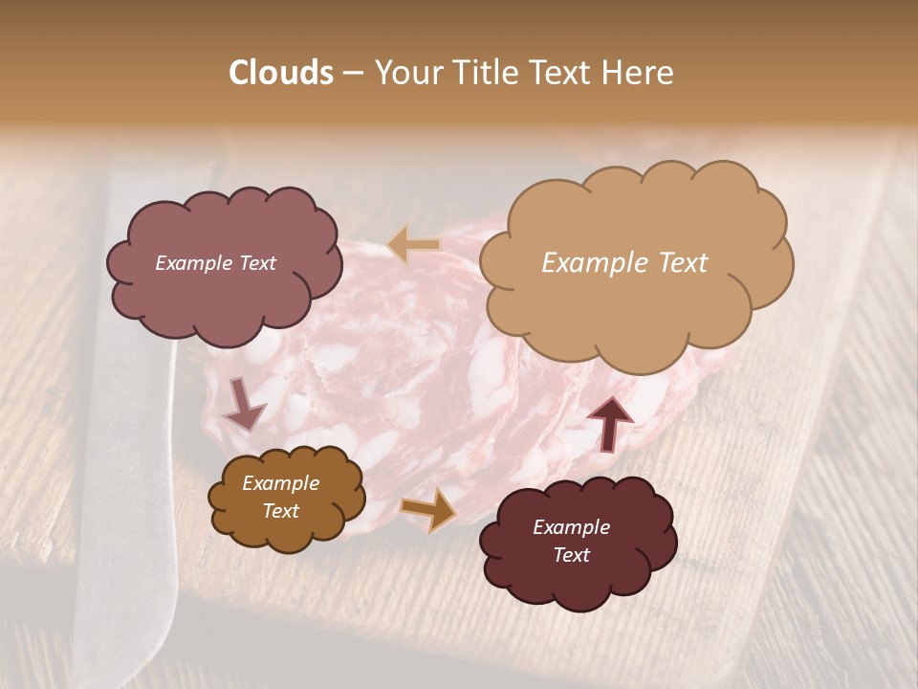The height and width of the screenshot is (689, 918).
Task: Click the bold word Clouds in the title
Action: point(281,73)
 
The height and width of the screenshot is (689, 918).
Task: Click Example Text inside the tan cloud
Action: point(624,263)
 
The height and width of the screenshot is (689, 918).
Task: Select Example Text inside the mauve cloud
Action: point(215,263)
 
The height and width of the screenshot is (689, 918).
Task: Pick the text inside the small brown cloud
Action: point(280,497)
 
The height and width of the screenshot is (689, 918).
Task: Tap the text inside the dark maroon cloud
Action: point(571,541)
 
